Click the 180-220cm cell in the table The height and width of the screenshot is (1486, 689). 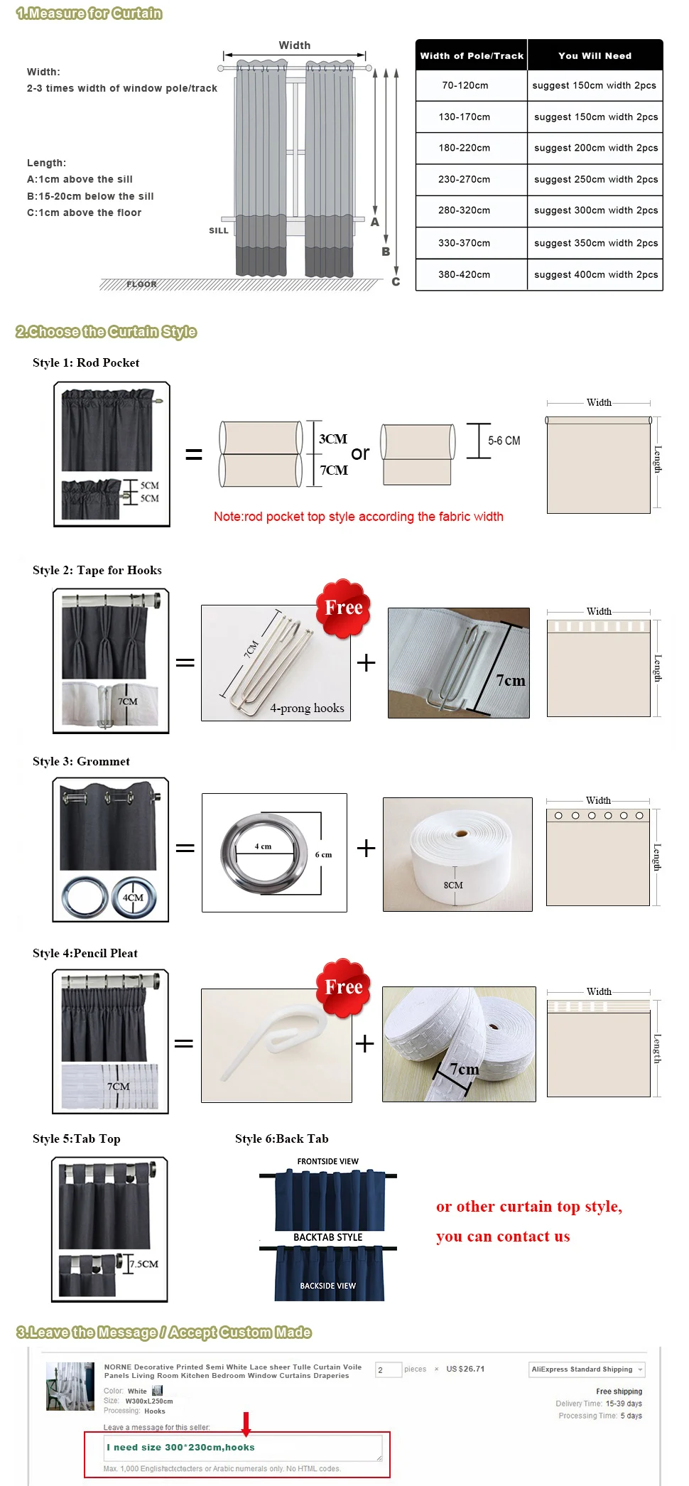coord(465,148)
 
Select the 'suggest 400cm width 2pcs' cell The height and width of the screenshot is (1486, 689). coord(595,274)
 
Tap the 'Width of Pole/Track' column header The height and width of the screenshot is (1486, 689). coord(472,55)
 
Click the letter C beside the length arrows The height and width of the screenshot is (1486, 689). coord(396,281)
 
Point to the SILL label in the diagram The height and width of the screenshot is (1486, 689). coord(219,230)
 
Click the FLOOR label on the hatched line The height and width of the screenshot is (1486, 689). coord(141,284)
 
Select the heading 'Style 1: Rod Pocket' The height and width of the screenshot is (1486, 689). coord(86,362)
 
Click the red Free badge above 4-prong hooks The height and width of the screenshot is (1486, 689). coord(344,608)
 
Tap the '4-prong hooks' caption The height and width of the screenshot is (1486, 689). coord(307,708)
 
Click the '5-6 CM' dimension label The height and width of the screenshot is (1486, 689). coord(504,441)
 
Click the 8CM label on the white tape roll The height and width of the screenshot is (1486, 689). coord(453,885)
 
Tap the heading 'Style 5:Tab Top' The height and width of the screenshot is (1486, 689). coord(77,1138)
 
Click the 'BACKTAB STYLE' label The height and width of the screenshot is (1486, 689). coord(327,1237)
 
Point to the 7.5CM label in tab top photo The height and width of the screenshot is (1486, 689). coord(144,1264)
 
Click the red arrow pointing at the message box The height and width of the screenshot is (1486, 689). coord(246,1424)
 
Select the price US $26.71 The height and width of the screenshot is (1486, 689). coord(465,1369)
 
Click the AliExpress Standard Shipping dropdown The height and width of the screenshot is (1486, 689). coord(587,1369)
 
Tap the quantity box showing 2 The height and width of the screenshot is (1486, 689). coord(388,1369)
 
